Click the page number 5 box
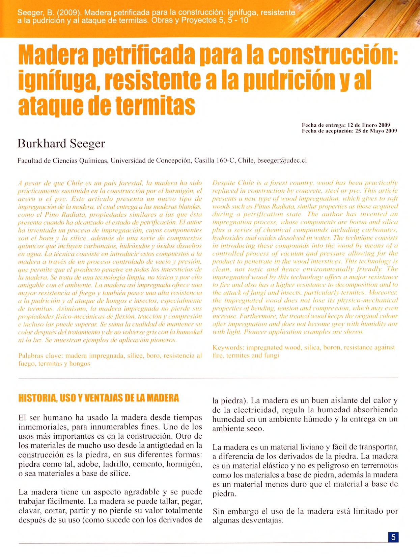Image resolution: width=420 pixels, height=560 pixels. point(393,537)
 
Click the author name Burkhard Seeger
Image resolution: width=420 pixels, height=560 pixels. point(61,144)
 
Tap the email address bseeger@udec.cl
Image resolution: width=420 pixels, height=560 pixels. point(282,161)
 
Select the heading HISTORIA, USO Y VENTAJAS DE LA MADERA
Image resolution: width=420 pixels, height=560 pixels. point(99,398)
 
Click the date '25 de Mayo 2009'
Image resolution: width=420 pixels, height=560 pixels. point(376,131)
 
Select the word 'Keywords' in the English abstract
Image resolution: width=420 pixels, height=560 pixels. point(228,347)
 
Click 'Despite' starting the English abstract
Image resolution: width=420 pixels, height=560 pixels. point(224,183)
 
